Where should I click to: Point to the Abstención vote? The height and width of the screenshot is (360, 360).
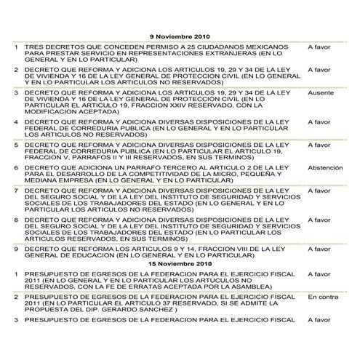click(322, 167)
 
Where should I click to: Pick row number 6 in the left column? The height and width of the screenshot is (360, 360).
click(16, 167)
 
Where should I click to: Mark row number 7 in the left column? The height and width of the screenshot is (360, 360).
click(16, 191)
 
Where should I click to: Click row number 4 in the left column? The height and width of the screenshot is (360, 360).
click(16, 121)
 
